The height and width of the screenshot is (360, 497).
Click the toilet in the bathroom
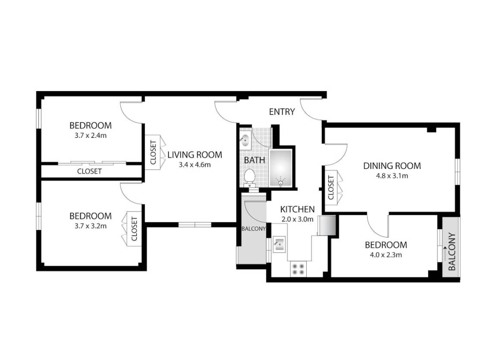click(x=249, y=177)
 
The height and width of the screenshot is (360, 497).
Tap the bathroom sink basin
click(x=244, y=140)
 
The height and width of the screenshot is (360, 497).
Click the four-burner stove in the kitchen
click(x=297, y=269)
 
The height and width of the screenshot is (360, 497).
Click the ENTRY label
click(x=282, y=112)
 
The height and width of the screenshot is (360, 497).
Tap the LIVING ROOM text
click(x=195, y=155)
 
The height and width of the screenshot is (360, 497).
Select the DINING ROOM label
click(x=392, y=166)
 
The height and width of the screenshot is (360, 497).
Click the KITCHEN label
click(x=297, y=209)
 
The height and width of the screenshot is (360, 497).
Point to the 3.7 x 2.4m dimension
click(x=91, y=135)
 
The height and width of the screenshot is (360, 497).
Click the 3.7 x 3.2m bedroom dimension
click(x=91, y=225)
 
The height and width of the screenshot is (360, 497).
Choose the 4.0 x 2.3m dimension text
click(x=386, y=255)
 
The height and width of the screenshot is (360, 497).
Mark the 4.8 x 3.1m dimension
click(x=392, y=176)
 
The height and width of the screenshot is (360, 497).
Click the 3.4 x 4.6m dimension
click(x=195, y=164)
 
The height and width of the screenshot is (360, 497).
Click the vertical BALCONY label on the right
click(x=452, y=252)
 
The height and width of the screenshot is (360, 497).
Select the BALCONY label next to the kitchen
click(x=253, y=229)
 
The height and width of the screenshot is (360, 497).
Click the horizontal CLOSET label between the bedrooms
click(x=89, y=171)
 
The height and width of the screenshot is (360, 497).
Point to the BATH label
click(x=255, y=160)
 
